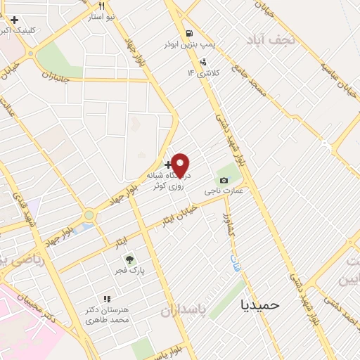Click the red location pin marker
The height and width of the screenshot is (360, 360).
[181, 165]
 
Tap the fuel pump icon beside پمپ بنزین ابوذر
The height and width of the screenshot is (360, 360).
[188, 34]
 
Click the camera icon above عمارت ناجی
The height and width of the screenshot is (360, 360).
[224, 181]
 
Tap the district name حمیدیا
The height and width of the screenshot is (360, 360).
[260, 304]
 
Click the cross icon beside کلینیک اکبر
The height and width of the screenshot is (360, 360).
[14, 20]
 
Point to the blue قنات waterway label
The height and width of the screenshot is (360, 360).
[233, 264]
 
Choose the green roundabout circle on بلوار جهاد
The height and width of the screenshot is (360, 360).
[89, 214]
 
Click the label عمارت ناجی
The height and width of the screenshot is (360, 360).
[224, 191]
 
